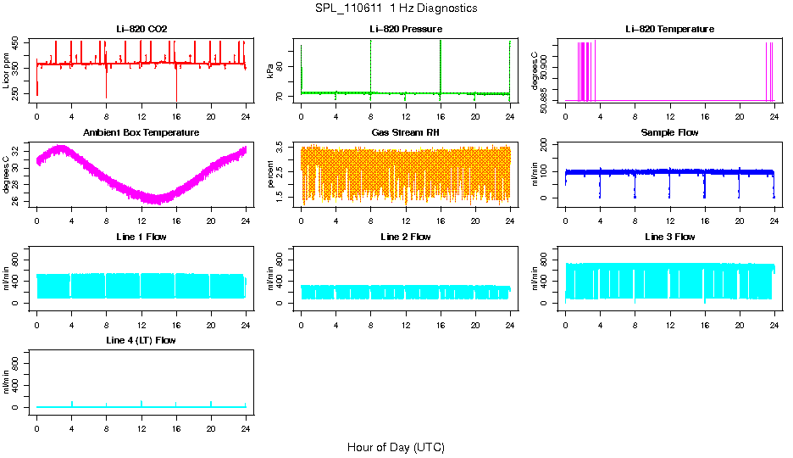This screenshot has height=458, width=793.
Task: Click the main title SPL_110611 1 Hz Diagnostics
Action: coord(395,8)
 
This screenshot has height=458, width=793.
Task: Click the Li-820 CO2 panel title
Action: coord(141,29)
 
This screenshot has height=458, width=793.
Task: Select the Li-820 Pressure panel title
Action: coord(406,29)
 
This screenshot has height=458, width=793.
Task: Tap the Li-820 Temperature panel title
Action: coord(669,29)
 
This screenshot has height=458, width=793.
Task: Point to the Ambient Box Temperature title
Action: coord(141,133)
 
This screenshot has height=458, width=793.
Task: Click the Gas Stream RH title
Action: coord(406,133)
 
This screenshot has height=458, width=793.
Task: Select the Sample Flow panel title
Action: coord(669,133)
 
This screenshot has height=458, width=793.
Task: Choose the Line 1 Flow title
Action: coord(141,237)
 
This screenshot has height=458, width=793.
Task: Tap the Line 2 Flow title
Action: coord(406,237)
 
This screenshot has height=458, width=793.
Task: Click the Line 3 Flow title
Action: coord(669,237)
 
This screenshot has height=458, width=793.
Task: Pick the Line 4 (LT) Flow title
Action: coord(141,340)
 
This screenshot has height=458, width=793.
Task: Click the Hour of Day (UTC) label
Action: coord(396,447)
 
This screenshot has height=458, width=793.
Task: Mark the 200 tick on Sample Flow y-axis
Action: coord(548,146)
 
